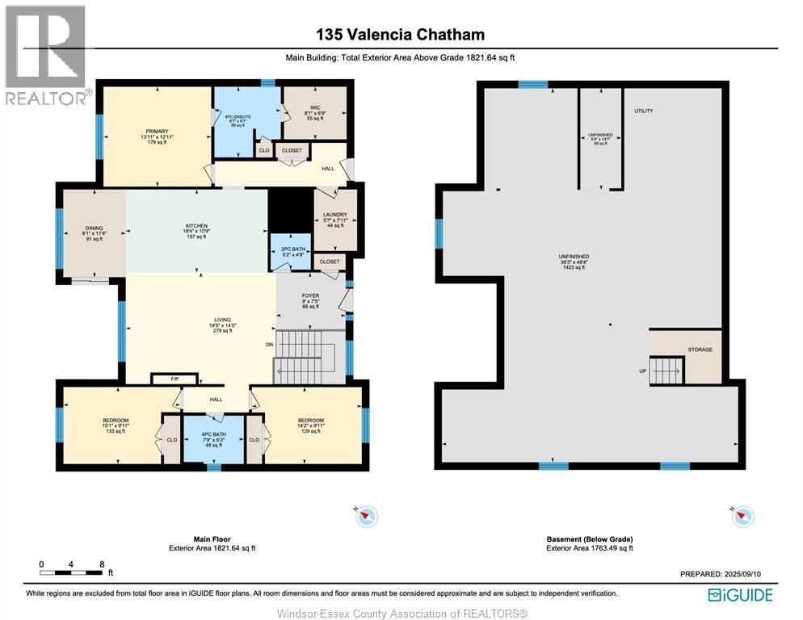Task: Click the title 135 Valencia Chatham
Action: pyautogui.click(x=400, y=35)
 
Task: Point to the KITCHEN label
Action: pyautogui.click(x=196, y=226)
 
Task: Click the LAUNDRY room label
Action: pyautogui.click(x=334, y=215)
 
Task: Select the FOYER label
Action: pyautogui.click(x=310, y=296)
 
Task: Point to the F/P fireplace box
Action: pyautogui.click(x=174, y=379)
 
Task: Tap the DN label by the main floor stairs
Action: pyautogui.click(x=270, y=345)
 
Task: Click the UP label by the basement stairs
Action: pyautogui.click(x=641, y=372)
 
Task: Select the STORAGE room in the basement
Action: pyautogui.click(x=700, y=350)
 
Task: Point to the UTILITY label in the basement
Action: pyautogui.click(x=643, y=111)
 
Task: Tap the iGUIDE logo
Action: pyautogui.click(x=740, y=595)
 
